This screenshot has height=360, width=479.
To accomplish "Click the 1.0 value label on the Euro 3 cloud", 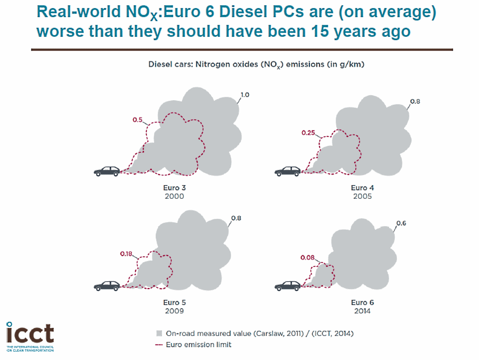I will (x=245, y=95).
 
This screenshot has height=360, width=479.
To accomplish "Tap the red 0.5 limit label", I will (x=137, y=120).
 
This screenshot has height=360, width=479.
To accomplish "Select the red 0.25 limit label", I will (x=308, y=133).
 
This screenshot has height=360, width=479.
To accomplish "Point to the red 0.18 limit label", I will (x=126, y=254).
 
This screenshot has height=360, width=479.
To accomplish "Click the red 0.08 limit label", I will (x=308, y=257).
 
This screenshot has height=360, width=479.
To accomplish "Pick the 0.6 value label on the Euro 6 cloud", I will (x=401, y=223).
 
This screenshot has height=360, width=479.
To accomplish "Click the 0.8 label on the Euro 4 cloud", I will (x=415, y=101).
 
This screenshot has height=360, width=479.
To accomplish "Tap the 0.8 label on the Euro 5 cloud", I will (x=236, y=218).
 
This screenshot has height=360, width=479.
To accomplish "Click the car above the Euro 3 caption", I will (x=107, y=171).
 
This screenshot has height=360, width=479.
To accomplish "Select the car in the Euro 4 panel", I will (x=288, y=171).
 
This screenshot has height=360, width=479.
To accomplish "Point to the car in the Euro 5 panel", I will (x=107, y=286).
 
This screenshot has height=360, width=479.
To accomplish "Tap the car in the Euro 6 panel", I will (x=288, y=286).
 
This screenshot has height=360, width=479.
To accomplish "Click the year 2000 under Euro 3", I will (x=174, y=196).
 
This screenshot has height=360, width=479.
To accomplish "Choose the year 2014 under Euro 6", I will (x=362, y=311).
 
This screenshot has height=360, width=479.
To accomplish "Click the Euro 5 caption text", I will (x=174, y=302).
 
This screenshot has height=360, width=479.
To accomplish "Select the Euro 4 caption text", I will (x=362, y=188).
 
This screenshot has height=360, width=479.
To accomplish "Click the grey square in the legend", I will (x=159, y=333).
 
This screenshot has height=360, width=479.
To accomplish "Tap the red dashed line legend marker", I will (x=159, y=344).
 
